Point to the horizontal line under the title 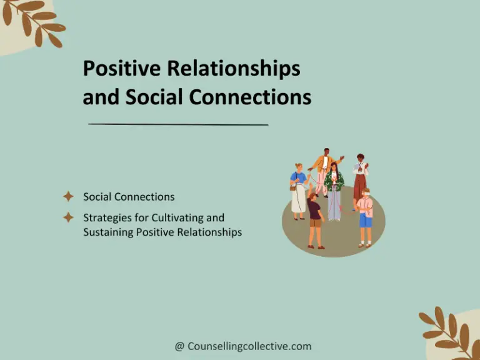178,124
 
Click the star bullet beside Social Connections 69,197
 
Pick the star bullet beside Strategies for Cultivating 69,217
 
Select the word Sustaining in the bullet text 109,232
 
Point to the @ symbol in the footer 179,346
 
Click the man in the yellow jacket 323,169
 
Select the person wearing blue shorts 365,216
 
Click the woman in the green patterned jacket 334,187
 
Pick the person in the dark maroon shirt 315,219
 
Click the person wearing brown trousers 361,178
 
